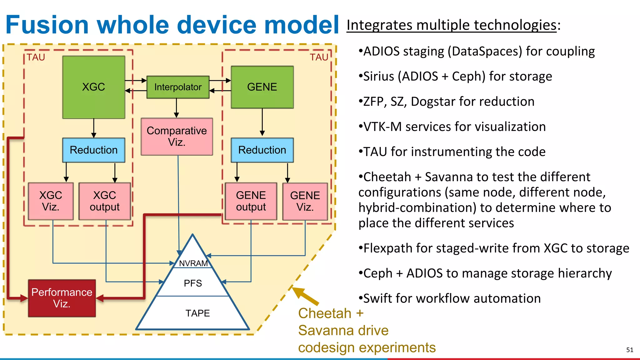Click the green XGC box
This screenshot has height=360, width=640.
94,87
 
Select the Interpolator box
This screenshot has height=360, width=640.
178,87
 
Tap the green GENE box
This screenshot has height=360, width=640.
262,87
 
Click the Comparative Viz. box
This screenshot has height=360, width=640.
177,137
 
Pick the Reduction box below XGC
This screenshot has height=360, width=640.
94,150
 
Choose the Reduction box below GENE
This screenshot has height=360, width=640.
262,150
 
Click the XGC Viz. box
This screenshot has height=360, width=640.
51,201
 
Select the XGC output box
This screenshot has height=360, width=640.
105,201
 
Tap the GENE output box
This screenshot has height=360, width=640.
251,201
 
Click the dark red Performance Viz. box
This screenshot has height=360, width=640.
62,298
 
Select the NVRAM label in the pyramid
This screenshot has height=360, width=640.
193,263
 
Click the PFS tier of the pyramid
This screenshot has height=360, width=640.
193,283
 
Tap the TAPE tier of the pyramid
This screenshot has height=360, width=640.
197,313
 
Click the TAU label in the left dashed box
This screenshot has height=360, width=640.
36,57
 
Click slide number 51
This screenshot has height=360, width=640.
630,350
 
